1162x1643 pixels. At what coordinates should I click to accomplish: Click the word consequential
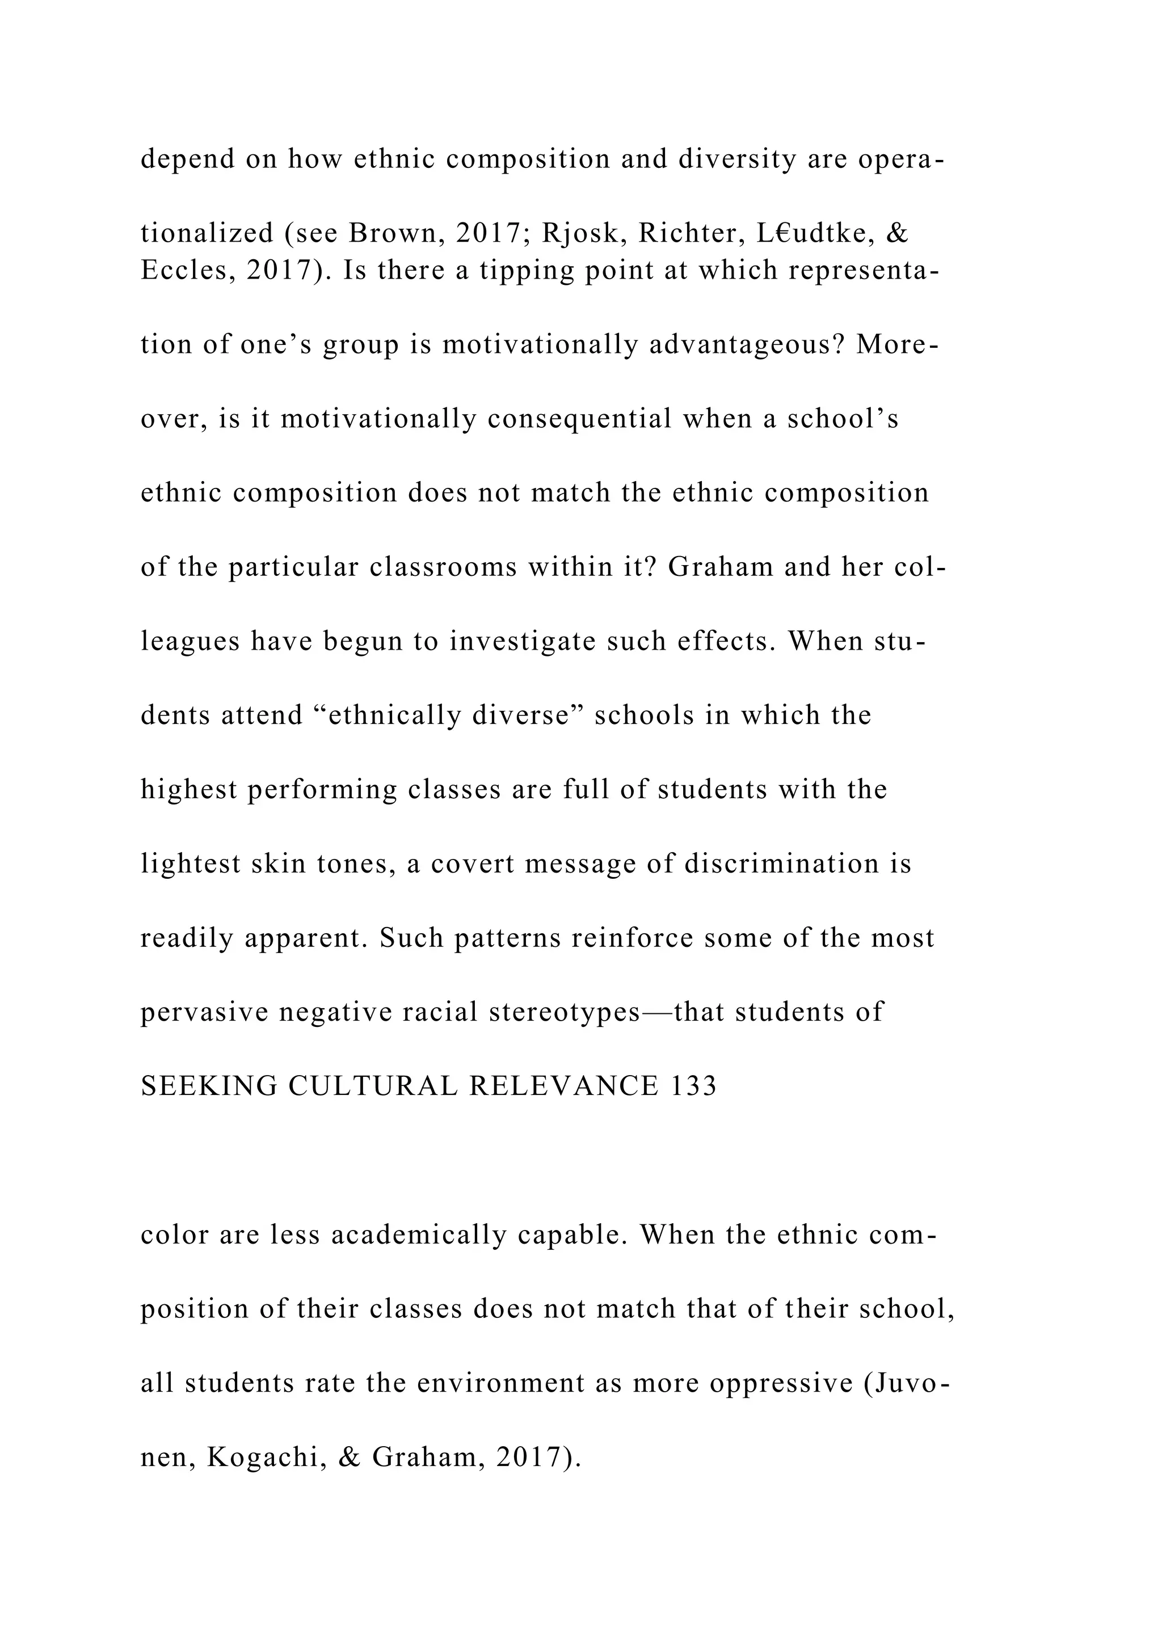point(579,419)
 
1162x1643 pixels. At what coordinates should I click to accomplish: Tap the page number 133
point(693,1086)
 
